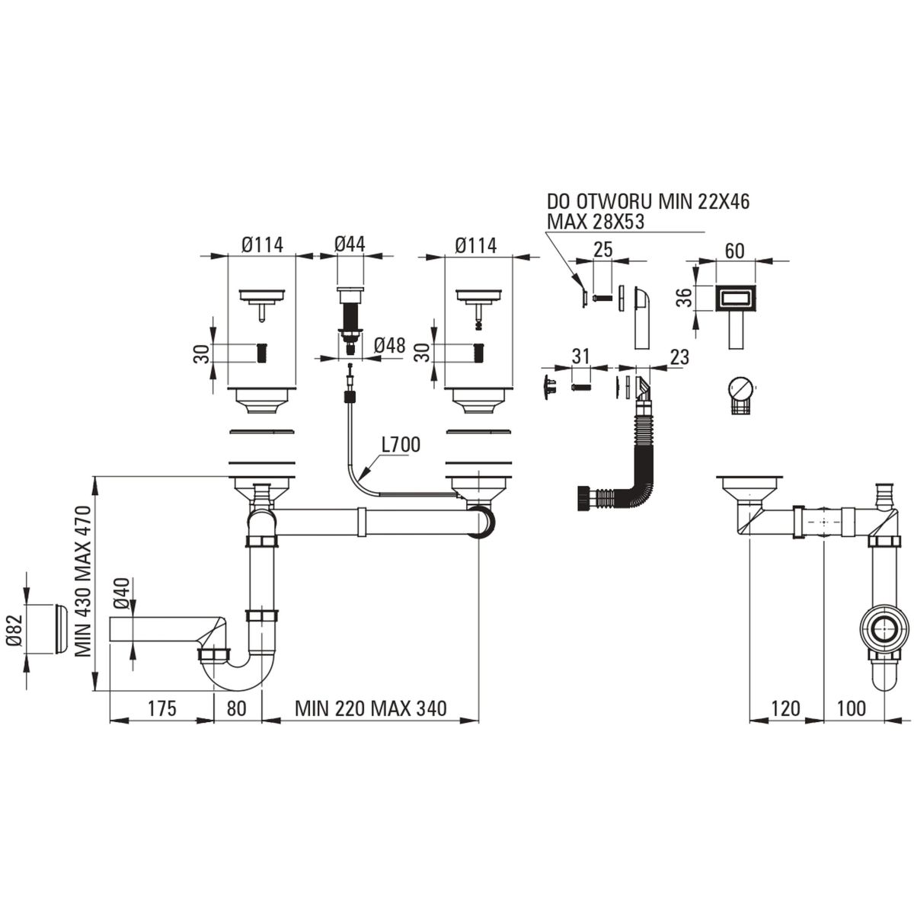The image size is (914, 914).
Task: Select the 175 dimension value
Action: tap(161, 708)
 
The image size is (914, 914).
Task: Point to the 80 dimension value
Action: tap(237, 708)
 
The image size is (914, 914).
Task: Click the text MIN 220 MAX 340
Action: tap(371, 708)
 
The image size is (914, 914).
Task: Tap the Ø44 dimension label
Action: tap(350, 244)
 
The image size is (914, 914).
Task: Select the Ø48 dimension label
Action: tap(388, 345)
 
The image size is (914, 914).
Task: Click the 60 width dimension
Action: tap(735, 251)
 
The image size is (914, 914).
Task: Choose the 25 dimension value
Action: tap(602, 251)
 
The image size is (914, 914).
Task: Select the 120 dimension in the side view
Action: tap(785, 708)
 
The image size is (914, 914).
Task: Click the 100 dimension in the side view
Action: tap(851, 708)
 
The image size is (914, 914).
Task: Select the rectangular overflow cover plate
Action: tap(734, 298)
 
